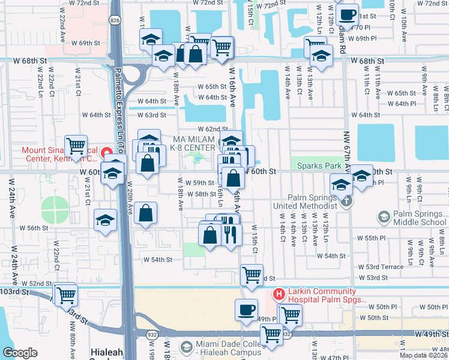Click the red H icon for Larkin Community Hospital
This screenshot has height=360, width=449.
279,294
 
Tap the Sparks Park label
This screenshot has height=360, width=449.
316,165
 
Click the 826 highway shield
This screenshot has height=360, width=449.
115,20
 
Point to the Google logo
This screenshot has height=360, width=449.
20,353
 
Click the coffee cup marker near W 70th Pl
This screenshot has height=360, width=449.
348,14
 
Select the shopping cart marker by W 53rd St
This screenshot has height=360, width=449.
252,275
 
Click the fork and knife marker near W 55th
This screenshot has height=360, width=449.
229,233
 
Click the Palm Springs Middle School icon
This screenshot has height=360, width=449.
384,216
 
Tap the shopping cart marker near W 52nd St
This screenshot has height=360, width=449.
65,295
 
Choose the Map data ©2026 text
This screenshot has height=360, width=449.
423,355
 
